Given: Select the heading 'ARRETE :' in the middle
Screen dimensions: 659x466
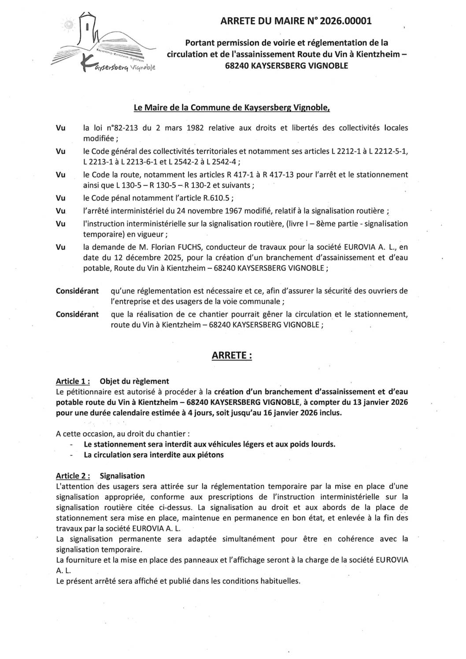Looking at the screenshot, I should click(x=232, y=355).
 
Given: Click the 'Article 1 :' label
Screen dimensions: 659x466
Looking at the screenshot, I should click(x=73, y=381).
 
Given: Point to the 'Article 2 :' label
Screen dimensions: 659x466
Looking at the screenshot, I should click(x=73, y=476).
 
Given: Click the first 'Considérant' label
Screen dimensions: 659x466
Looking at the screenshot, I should click(x=77, y=291).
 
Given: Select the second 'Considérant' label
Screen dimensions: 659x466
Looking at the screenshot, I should click(x=77, y=314).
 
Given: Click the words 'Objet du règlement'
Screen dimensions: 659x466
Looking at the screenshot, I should click(x=134, y=381).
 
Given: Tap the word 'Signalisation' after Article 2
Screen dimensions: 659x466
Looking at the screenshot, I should click(x=122, y=476).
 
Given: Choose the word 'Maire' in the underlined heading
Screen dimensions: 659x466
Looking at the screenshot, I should click(x=161, y=107).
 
